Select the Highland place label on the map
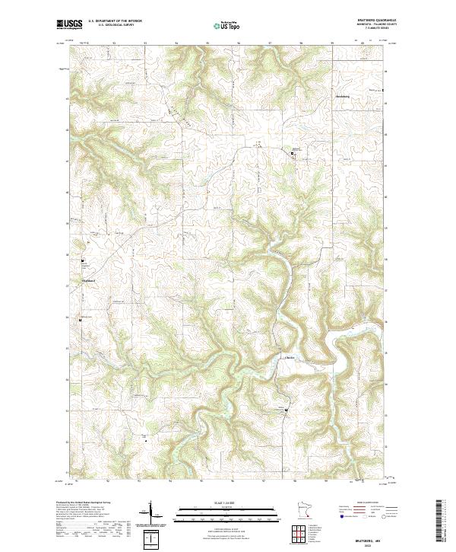(89, 281)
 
